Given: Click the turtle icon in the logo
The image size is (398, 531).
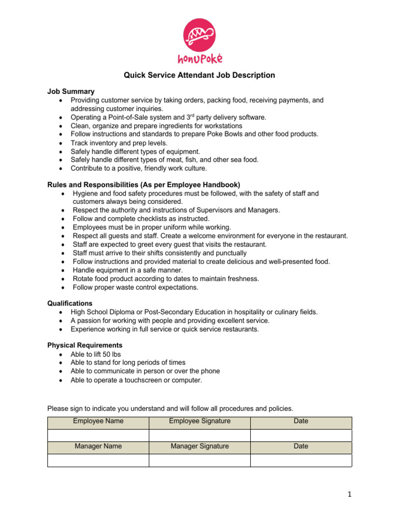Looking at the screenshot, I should pos(199,35).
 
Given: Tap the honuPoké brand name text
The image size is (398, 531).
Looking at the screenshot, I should pos(199,58).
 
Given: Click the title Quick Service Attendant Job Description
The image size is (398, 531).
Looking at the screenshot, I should pos(199,75).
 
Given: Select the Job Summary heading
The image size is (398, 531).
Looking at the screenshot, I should pos(71,91).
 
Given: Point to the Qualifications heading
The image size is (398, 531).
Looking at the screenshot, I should pos(70,303).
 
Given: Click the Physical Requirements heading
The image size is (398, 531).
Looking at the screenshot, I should pos(85,345).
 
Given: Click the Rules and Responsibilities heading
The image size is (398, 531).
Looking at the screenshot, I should pos(144,185).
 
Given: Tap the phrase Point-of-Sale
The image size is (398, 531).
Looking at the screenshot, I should pos(126,117).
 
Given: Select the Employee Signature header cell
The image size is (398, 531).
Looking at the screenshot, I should pos(200,421).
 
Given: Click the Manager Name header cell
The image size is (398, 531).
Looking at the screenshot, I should pos(98,446).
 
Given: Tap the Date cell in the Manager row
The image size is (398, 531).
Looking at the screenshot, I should pos(301,446).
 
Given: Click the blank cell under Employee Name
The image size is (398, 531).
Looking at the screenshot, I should pos(98,435).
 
